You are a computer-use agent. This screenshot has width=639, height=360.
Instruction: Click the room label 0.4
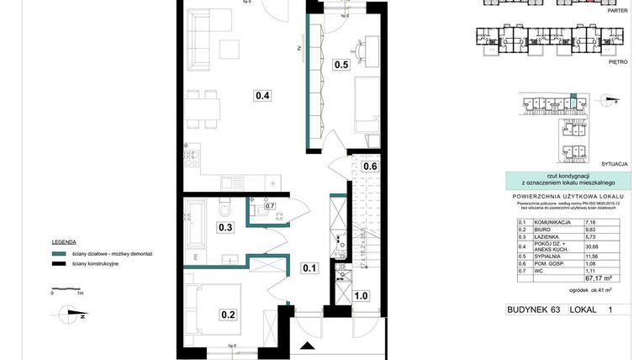click(262, 95)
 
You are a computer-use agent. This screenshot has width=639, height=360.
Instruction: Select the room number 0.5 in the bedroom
click(341, 64)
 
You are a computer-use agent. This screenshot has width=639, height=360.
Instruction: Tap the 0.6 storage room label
click(370, 167)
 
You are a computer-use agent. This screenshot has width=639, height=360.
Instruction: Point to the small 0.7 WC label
click(270, 205)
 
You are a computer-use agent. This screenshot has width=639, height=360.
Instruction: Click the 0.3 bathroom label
click(225, 226)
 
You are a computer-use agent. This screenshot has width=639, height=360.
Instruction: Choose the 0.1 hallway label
click(309, 268)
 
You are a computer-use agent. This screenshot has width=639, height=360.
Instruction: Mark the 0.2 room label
click(228, 315)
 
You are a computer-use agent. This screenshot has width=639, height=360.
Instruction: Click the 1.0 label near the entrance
click(361, 295)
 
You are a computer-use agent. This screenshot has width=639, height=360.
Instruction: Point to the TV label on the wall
click(298, 49)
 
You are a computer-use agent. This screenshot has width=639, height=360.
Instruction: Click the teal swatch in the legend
click(58, 252)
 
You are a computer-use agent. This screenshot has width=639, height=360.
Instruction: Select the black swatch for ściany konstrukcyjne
click(58, 263)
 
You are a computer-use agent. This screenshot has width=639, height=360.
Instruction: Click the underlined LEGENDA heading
click(64, 241)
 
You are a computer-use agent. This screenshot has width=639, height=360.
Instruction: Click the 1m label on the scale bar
click(79, 293)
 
